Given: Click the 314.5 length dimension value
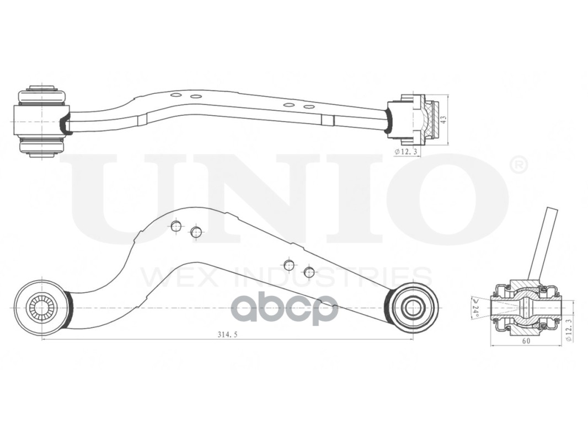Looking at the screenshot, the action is pos(228,335).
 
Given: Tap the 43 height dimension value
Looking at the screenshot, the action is pos(442,119).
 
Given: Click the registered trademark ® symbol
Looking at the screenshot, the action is pos(518,165).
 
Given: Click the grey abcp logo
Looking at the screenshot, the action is pos(284,309).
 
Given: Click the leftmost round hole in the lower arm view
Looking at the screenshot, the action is pos(176,226).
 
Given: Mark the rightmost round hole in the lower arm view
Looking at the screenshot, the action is pos(309,272).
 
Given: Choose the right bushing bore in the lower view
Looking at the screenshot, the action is pos(413,308).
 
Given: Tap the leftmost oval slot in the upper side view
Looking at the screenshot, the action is pos(176,95).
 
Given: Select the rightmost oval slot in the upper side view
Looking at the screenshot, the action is pos(309,106).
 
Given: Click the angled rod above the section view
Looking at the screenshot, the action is pos(543,243).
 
